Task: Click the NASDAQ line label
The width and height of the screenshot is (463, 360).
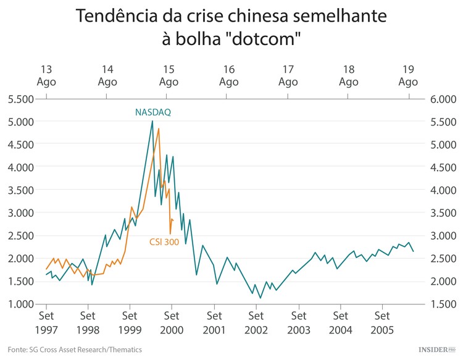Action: [153, 112]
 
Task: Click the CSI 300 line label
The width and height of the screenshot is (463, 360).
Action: [164, 242]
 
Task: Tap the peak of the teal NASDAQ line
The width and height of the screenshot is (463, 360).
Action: [152, 121]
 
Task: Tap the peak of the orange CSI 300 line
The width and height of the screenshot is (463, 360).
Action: [159, 128]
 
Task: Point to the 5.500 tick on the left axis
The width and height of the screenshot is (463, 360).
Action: [20, 99]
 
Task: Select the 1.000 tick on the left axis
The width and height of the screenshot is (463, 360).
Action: [20, 304]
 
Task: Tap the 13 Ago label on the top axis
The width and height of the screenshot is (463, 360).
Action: [46, 75]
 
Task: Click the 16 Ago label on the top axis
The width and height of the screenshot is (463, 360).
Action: [228, 75]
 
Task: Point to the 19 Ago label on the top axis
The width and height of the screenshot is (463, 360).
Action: [408, 75]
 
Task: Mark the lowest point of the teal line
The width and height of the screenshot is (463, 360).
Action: [261, 298]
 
